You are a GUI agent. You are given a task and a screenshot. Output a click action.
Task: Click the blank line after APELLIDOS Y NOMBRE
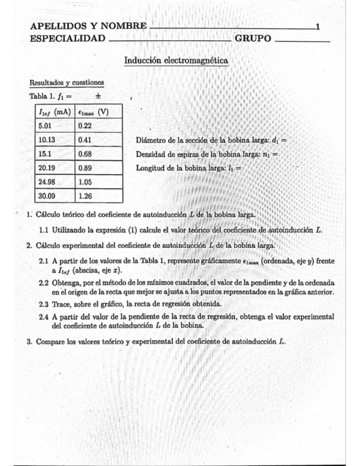pos(231,27)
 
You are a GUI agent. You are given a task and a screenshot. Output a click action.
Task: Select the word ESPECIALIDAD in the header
pos(68,38)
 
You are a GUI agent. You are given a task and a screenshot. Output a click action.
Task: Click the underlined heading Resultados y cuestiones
pos(67,82)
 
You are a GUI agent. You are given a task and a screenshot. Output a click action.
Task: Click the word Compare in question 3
pos(50,341)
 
